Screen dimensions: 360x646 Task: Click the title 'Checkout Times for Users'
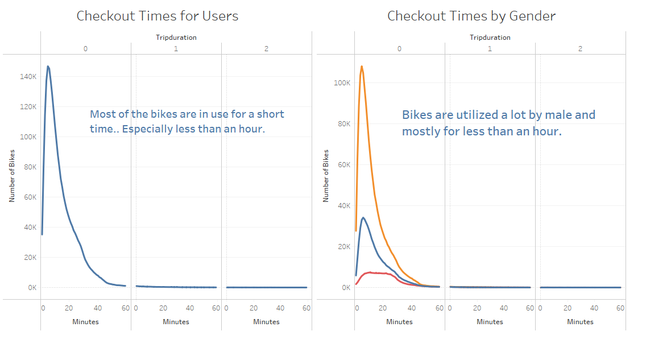(x=158, y=16)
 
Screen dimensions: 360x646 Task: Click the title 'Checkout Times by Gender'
(x=471, y=16)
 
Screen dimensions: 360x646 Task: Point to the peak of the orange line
(x=361, y=67)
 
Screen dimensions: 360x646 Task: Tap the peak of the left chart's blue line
(x=48, y=67)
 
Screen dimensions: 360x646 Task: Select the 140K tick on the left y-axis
(x=28, y=76)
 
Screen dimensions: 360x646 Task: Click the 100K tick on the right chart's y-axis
(x=342, y=82)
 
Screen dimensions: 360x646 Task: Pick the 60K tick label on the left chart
(x=30, y=197)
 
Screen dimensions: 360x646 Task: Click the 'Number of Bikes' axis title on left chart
(x=12, y=176)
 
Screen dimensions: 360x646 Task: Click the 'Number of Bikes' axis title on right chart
(x=326, y=176)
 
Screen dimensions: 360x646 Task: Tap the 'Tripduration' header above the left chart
(x=176, y=38)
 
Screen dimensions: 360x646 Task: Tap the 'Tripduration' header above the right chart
(x=490, y=38)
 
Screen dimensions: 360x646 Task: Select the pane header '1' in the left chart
(x=176, y=49)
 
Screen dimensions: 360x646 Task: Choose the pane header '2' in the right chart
(x=580, y=49)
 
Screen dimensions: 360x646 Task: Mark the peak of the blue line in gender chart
(x=363, y=217)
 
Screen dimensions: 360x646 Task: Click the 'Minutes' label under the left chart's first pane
(x=85, y=322)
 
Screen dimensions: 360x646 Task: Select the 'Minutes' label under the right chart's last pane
(x=580, y=322)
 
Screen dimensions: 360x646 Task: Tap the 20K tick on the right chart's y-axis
(x=343, y=246)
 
